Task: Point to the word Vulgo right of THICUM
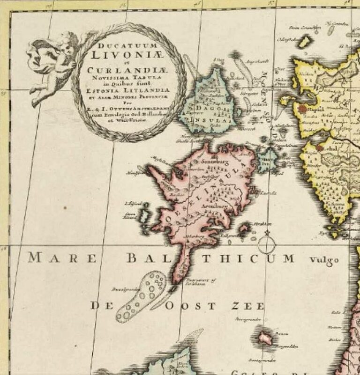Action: (x=323, y=261)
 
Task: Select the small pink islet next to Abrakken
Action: (x=244, y=229)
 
